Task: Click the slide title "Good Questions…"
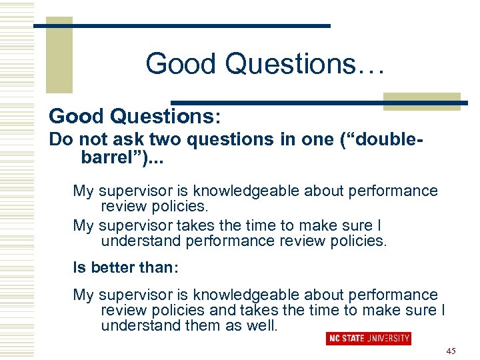[265, 64]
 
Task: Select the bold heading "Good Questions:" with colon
[134, 116]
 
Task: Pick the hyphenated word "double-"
[388, 141]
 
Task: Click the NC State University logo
[368, 338]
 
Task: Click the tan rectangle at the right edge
[421, 101]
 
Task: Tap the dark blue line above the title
[181, 26]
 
